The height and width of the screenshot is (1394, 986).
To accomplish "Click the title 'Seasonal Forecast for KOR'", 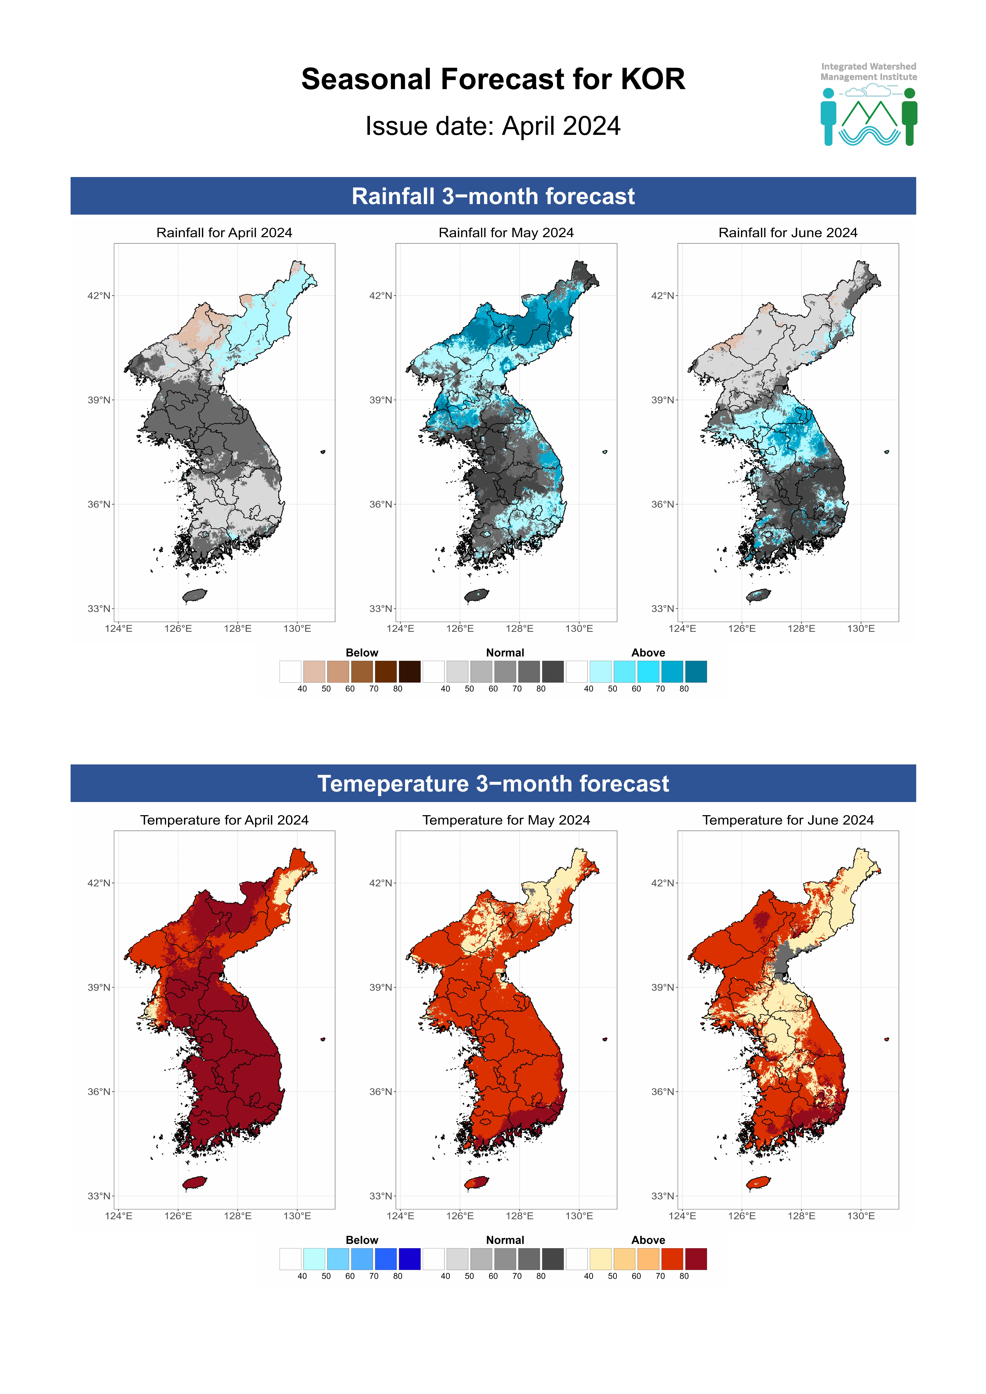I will [x=493, y=80].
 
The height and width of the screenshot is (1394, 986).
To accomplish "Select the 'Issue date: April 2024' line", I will [x=493, y=126].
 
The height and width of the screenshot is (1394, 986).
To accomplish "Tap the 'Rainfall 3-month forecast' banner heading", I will [x=493, y=196].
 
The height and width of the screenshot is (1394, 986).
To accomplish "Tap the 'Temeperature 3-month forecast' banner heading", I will [x=493, y=784].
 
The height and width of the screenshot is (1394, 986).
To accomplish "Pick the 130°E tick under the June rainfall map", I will [x=861, y=628].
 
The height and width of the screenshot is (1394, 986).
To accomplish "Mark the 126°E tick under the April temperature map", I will [x=178, y=1216].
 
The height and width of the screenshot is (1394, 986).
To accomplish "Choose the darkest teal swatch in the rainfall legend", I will [x=696, y=672].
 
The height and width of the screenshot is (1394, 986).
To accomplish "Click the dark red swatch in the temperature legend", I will [x=696, y=1259].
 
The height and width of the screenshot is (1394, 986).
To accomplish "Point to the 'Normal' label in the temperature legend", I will [x=505, y=1240].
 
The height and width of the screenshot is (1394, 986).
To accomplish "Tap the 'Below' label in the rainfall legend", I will [x=362, y=653].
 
